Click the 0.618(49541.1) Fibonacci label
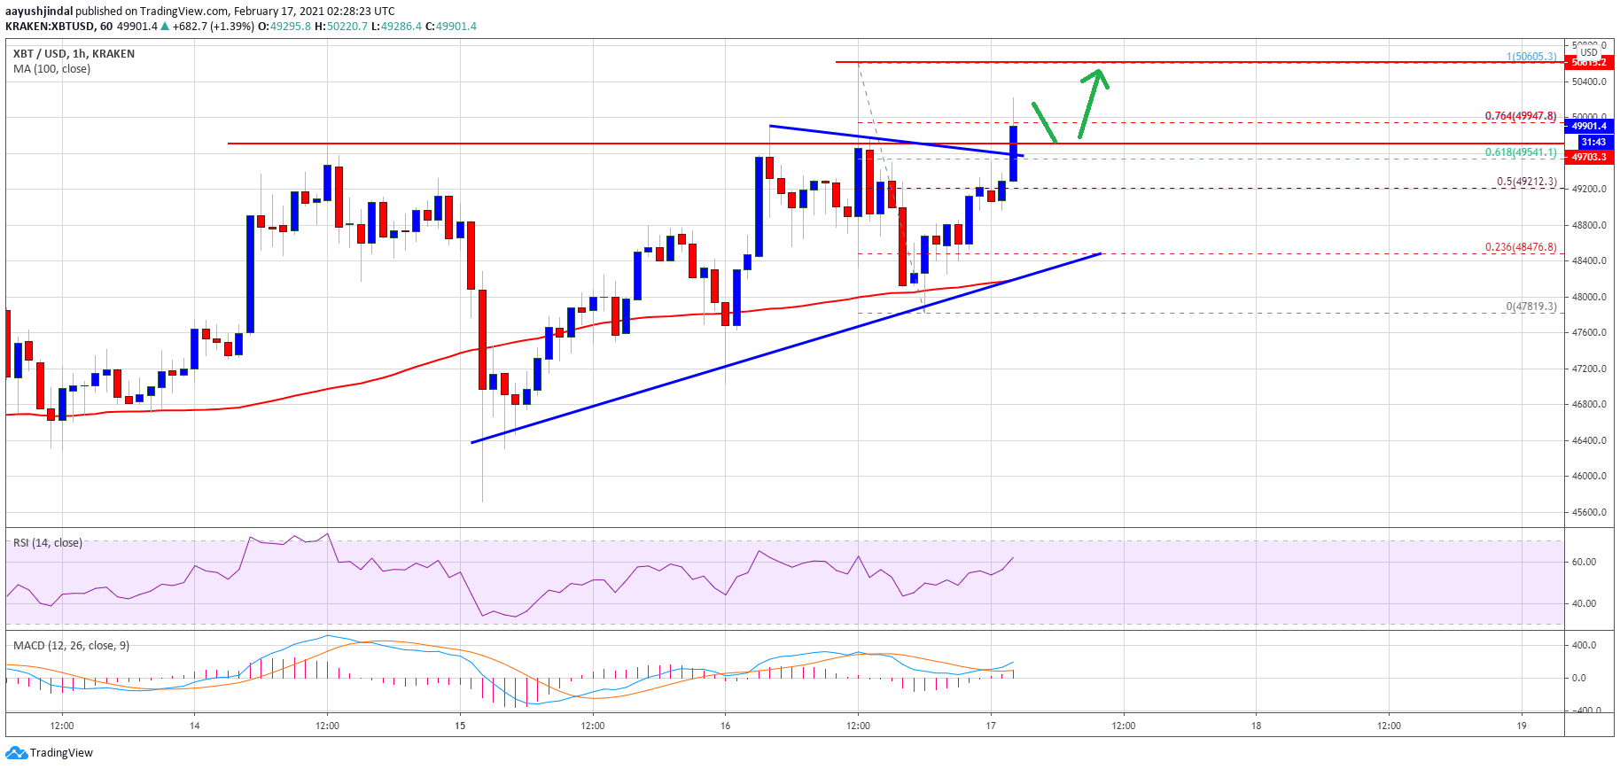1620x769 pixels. (1520, 152)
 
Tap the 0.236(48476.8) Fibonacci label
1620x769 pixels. (1520, 247)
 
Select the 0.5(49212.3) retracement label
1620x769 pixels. (1526, 182)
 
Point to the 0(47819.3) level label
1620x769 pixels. (1530, 307)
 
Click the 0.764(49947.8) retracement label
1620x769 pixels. (1520, 116)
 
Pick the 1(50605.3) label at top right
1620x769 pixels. (1530, 57)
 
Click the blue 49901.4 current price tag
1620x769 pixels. (1589, 126)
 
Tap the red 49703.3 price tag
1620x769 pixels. (1589, 157)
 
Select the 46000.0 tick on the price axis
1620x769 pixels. (1589, 476)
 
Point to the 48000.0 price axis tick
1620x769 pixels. (1589, 297)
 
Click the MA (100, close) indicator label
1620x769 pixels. (51, 69)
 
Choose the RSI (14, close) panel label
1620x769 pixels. (48, 542)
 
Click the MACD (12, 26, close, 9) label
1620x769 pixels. (71, 645)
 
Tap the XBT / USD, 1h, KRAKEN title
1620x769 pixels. (74, 53)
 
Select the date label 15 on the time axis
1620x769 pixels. (460, 726)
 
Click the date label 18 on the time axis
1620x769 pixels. (1256, 726)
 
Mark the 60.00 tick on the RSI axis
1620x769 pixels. (1584, 562)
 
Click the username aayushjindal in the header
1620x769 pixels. (39, 12)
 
